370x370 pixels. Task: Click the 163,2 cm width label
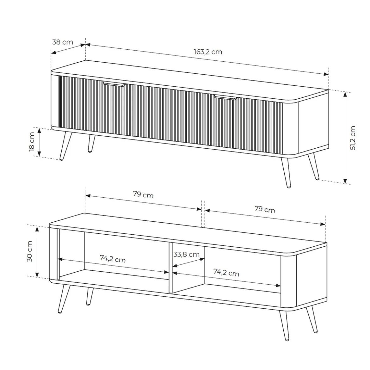pyautogui.click(x=208, y=52)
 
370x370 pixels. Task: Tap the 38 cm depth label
pyautogui.click(x=63, y=42)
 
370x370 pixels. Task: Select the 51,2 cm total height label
pyautogui.click(x=353, y=138)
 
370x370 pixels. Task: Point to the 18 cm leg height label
pyautogui.click(x=32, y=142)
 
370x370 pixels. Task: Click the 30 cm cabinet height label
pyautogui.click(x=29, y=251)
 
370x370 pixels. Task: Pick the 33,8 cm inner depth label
pyautogui.click(x=186, y=254)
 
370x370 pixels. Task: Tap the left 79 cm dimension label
pyautogui.click(x=143, y=194)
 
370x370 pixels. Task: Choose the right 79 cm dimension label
pyautogui.click(x=265, y=209)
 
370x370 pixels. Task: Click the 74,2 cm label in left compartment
pyautogui.click(x=113, y=259)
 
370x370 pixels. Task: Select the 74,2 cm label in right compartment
pyautogui.click(x=226, y=272)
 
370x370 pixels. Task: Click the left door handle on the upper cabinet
pyautogui.click(x=114, y=84)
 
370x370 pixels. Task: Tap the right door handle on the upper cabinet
pyautogui.click(x=225, y=97)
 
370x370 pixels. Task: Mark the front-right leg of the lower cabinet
pyautogui.click(x=284, y=326)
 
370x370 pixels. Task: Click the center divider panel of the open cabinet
pyautogui.click(x=170, y=268)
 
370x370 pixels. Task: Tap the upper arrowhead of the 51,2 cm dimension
pyautogui.click(x=345, y=95)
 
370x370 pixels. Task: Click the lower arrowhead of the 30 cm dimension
pyautogui.click(x=37, y=274)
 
